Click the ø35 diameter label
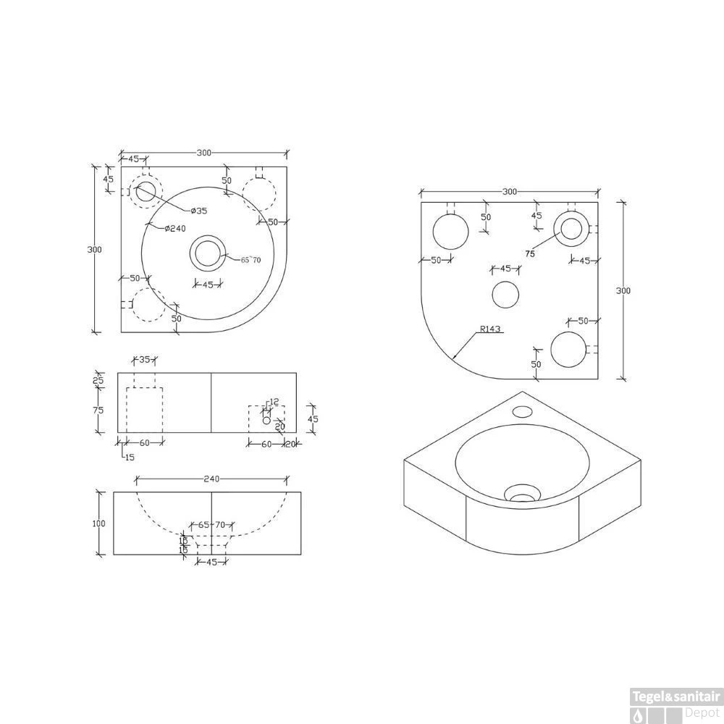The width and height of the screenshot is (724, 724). click(x=199, y=211)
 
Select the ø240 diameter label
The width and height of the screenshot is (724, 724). click(x=175, y=229)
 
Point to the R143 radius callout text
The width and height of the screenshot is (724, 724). click(x=490, y=329)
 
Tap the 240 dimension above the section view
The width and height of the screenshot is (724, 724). click(x=211, y=479)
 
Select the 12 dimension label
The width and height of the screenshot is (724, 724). click(x=274, y=402)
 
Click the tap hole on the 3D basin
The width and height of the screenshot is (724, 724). click(x=521, y=412)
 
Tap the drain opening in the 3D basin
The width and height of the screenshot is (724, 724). click(x=521, y=495)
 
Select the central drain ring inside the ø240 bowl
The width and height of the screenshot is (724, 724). click(x=207, y=253)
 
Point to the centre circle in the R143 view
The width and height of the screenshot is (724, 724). click(x=505, y=295)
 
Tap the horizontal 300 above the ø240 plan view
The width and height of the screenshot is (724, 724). click(x=204, y=153)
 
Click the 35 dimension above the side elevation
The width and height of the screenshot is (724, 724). click(x=144, y=359)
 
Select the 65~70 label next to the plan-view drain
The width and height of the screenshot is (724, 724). click(x=251, y=260)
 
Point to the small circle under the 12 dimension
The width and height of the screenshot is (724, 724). click(x=266, y=420)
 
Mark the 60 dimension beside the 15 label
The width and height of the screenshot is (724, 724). click(x=144, y=442)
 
